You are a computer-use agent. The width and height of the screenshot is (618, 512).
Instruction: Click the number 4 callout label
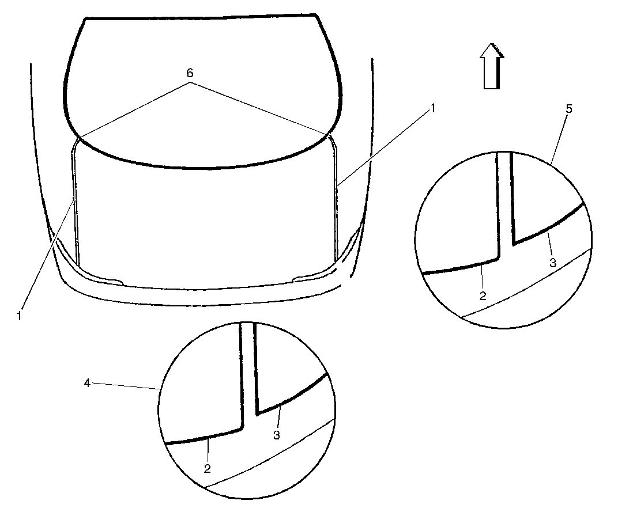pyautogui.click(x=87, y=382)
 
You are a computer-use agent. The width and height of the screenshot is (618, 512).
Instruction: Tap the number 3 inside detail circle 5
pyautogui.click(x=552, y=262)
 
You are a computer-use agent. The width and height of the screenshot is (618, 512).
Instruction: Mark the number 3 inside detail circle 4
pyautogui.click(x=277, y=435)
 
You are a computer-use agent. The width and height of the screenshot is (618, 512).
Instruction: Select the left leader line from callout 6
pyautogui.click(x=133, y=110)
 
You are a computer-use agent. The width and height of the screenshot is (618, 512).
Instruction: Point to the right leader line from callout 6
pyautogui.click(x=259, y=110)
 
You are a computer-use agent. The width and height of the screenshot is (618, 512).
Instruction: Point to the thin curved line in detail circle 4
pyautogui.click(x=271, y=455)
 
